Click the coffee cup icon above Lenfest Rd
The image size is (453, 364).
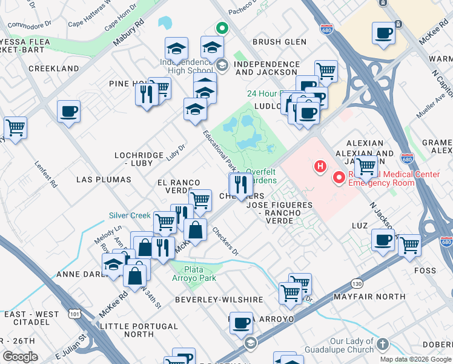[68, 112]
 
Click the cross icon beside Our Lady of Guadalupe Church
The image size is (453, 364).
[382, 345]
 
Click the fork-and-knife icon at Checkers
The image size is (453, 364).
[241, 183]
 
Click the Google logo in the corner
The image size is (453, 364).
[21, 357]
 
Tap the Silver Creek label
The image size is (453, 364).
[129, 215]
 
